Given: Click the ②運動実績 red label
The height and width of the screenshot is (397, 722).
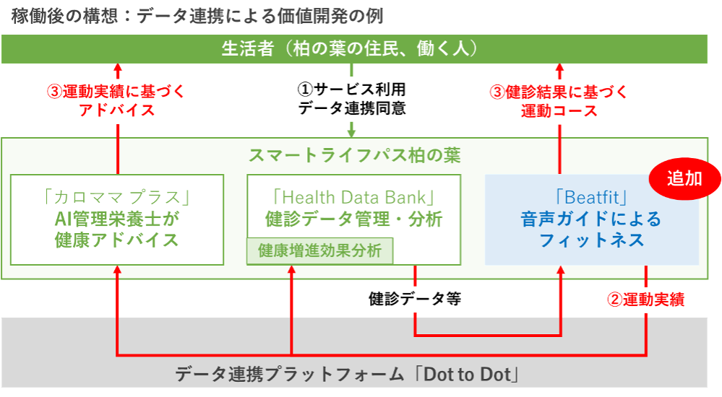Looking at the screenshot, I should click(645, 299).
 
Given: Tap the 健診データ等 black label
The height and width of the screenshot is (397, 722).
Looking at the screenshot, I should click(414, 297).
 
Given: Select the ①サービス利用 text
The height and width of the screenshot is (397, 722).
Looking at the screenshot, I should click(352, 90).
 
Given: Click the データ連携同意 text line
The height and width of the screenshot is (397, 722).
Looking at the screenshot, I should click(352, 109).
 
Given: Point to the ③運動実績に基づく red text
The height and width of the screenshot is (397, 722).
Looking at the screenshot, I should click(116, 92).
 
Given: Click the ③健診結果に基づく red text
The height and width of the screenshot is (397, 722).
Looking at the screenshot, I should click(559, 92).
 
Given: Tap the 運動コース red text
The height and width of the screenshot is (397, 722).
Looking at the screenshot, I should click(559, 111).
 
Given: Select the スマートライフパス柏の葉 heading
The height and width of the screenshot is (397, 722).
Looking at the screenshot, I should click(354, 154).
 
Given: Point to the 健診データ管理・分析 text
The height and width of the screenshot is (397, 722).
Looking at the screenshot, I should click(353, 218).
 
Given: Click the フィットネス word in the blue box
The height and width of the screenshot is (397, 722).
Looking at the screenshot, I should click(591, 240).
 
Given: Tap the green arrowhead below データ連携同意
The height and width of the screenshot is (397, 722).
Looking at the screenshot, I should click(352, 132).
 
